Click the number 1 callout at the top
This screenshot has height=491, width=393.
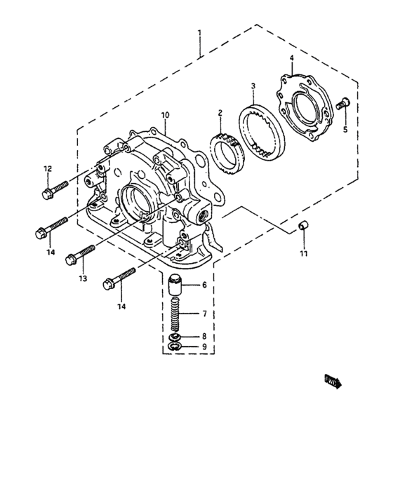click(200, 33)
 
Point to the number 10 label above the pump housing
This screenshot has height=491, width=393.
click(165, 114)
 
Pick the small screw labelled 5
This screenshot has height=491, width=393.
click(342, 105)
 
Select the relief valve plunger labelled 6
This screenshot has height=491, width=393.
click(175, 288)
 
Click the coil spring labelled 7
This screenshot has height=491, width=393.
click(175, 316)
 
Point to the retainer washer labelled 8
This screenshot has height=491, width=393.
click(175, 337)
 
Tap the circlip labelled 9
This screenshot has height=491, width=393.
click(175, 347)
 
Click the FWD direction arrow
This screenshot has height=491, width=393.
click(331, 382)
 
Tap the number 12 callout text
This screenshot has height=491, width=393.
click(48, 168)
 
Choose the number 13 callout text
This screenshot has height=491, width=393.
click(83, 278)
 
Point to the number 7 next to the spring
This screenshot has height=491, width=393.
click(204, 314)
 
